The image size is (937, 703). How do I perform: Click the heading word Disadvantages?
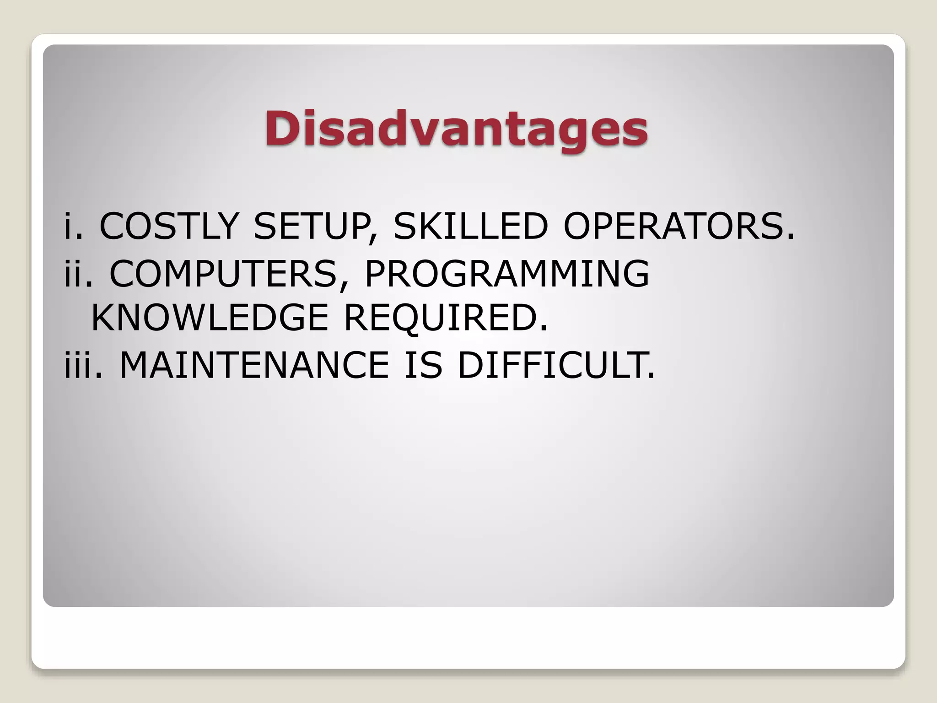pyautogui.click(x=456, y=129)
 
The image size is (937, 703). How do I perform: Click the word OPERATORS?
pyautogui.click(x=673, y=226)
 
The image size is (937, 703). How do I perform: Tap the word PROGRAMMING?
pyautogui.click(x=506, y=273)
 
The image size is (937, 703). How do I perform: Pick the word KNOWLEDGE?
pyautogui.click(x=210, y=318)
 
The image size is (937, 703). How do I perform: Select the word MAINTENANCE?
pyautogui.click(x=254, y=365)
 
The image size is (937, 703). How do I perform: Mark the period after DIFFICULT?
pyautogui.click(x=651, y=376)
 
